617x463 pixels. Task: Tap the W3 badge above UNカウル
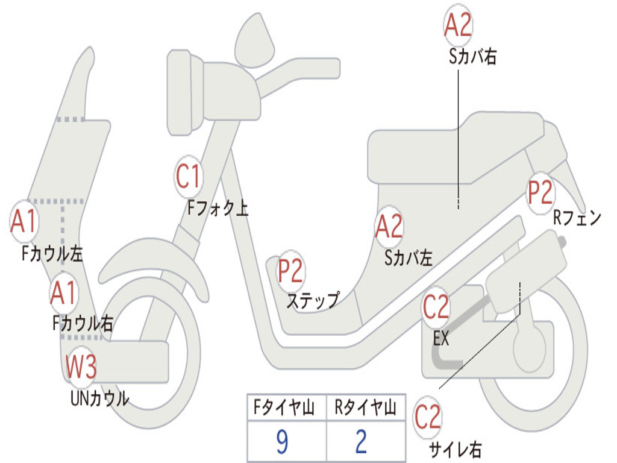[x=81, y=367]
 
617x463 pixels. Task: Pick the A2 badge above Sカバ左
[x=389, y=227]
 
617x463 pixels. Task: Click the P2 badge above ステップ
[x=290, y=271]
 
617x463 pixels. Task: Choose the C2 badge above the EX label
[x=436, y=307]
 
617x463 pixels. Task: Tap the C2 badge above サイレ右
[x=428, y=418]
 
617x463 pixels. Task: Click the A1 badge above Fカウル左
[x=25, y=222]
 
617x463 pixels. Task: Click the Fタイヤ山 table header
[x=286, y=409]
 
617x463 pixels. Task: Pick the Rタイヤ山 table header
[x=365, y=409]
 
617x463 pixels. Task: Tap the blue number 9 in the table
[x=281, y=443]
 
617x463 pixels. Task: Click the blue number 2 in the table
[x=361, y=443]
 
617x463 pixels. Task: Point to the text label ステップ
[x=313, y=300]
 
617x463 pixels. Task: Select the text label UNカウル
[x=99, y=398]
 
